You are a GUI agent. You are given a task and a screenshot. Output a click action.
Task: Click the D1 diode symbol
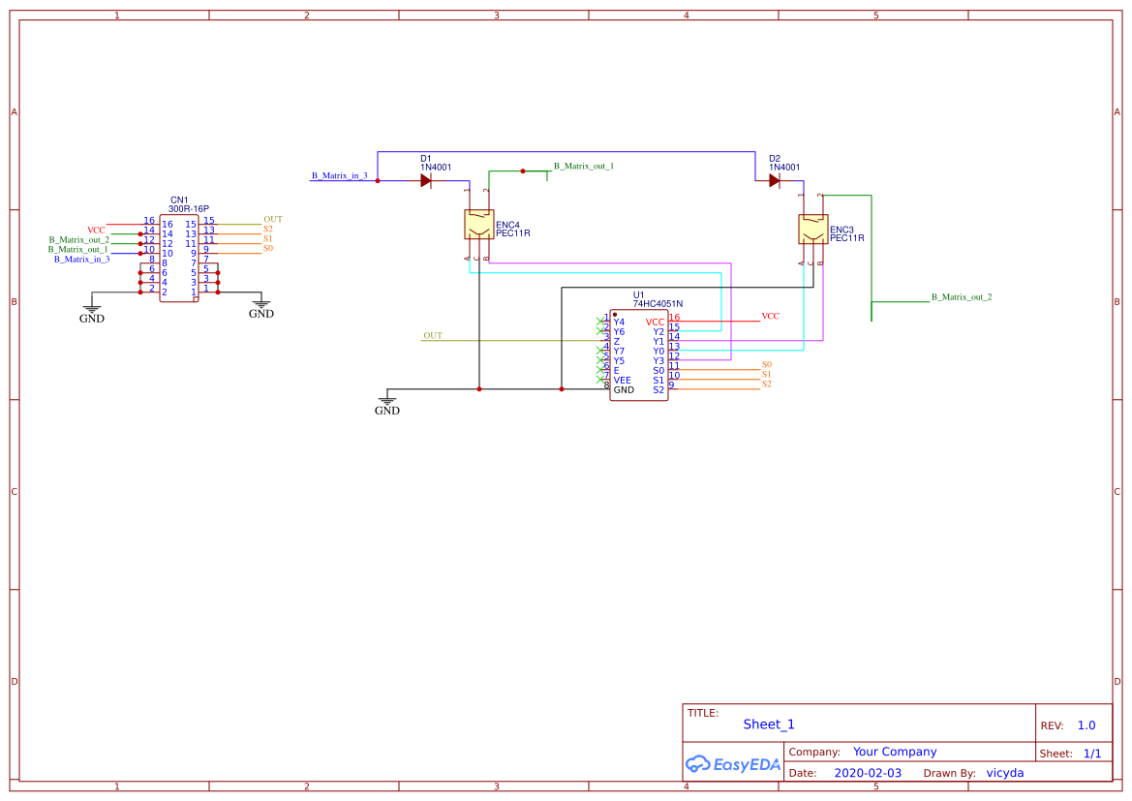coord(426,180)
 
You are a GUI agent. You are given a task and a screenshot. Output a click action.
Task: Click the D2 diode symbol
coord(775,180)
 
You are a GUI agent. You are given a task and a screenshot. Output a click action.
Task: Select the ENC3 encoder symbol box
coord(812,230)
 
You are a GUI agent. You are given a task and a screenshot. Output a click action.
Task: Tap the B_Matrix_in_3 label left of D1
coord(339,176)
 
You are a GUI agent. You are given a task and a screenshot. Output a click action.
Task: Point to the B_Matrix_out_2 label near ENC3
coord(961,297)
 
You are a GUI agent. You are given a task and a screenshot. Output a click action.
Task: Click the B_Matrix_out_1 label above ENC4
coord(583,167)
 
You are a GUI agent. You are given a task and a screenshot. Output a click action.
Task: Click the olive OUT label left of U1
coord(433,336)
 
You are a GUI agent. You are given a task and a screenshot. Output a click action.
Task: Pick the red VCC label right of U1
coord(770,316)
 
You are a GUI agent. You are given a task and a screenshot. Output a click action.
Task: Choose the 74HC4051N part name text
coord(658,304)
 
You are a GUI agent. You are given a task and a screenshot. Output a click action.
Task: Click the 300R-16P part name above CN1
coord(188,208)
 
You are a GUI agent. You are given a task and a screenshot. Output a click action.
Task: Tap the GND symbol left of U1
coord(387,404)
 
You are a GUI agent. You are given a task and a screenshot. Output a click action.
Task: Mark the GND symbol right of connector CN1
coord(261,308)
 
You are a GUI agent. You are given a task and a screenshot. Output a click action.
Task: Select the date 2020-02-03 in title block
coord(867,773)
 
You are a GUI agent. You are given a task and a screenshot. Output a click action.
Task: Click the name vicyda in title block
coord(1004,773)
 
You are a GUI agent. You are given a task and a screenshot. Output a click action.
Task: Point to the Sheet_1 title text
coord(769,724)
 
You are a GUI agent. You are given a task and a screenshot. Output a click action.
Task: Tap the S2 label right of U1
coord(766,384)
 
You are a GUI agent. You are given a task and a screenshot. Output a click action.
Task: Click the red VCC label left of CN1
coord(96,230)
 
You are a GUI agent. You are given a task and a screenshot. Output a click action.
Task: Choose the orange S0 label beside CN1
coord(268,248)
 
